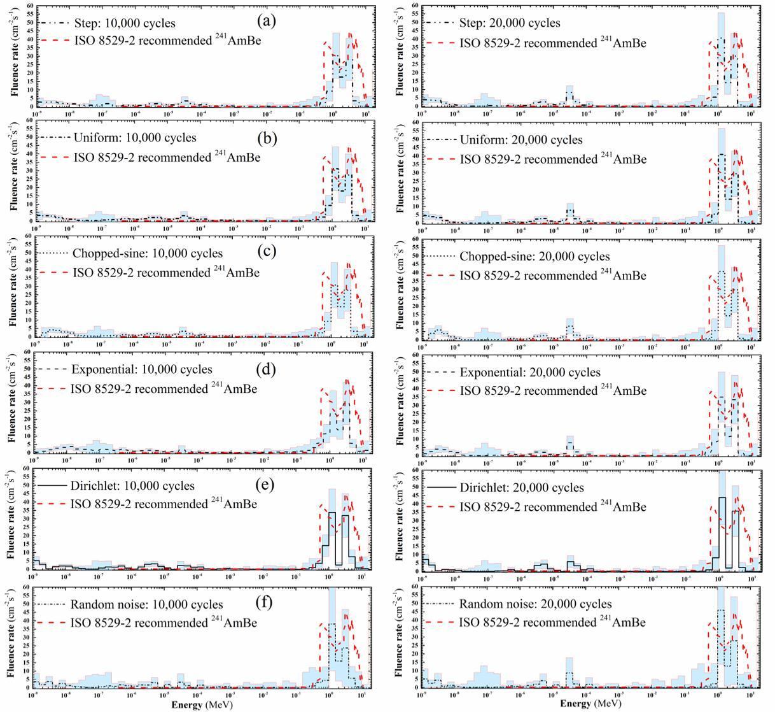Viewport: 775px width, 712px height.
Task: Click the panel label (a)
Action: (266, 20)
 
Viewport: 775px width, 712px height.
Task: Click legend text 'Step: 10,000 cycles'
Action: (124, 24)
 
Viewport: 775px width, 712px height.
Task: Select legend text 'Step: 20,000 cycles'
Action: (510, 24)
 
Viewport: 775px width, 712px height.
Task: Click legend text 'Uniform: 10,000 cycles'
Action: (135, 138)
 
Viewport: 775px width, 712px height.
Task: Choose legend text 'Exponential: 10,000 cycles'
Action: (142, 369)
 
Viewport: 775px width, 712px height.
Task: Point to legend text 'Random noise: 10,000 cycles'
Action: (147, 604)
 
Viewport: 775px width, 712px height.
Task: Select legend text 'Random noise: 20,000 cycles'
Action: (536, 604)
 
